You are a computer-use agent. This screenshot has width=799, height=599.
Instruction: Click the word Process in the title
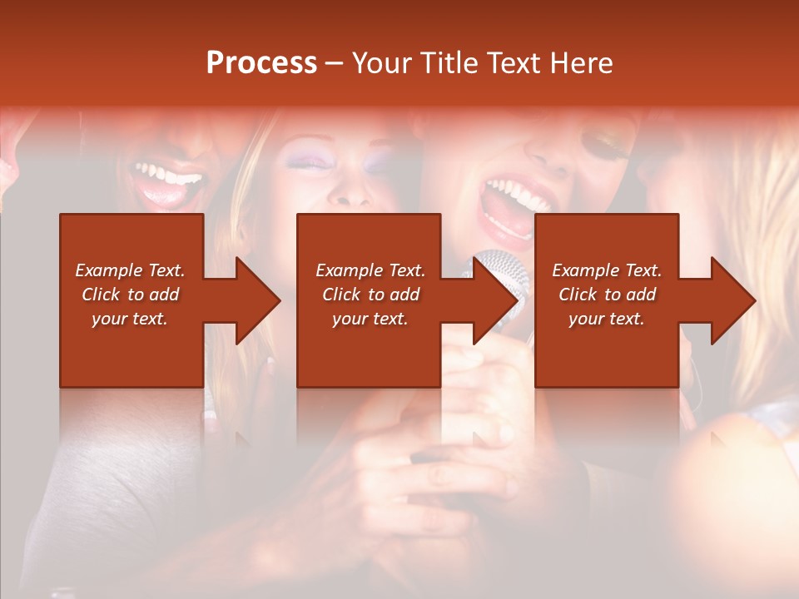(261, 63)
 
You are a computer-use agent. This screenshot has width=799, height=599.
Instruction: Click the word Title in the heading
(446, 63)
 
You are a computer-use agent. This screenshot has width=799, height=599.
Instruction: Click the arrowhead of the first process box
(258, 300)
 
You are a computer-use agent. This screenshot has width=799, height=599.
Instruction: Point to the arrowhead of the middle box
(495, 300)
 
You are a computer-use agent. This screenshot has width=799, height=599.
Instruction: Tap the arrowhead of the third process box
(733, 300)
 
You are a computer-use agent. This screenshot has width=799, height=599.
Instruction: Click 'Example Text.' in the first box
(130, 270)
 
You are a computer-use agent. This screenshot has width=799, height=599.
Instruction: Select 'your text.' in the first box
(130, 319)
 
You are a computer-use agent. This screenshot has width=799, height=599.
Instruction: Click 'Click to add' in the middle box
(370, 295)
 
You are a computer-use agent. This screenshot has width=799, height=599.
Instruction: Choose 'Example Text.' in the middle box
(370, 270)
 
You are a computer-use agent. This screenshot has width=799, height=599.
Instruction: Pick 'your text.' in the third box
(607, 319)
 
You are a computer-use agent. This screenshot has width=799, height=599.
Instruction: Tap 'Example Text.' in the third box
(607, 270)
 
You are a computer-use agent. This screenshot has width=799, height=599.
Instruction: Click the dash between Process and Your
(335, 64)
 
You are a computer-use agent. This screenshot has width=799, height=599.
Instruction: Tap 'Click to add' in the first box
(130, 295)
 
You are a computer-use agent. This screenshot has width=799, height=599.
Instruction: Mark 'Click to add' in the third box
(607, 295)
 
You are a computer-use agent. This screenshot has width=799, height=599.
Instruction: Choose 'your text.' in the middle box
(370, 319)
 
